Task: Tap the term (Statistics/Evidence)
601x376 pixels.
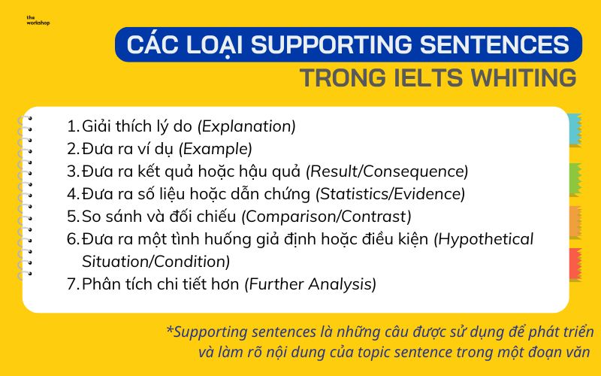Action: [x=391, y=194]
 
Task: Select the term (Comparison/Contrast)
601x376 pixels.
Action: [x=326, y=217]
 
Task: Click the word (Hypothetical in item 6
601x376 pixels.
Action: [x=485, y=239]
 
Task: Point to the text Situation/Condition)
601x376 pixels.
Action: [x=156, y=262]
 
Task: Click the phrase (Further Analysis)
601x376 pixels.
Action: [x=311, y=284]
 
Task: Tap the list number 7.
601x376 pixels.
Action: [x=71, y=284]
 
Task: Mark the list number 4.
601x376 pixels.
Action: [x=71, y=194]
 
